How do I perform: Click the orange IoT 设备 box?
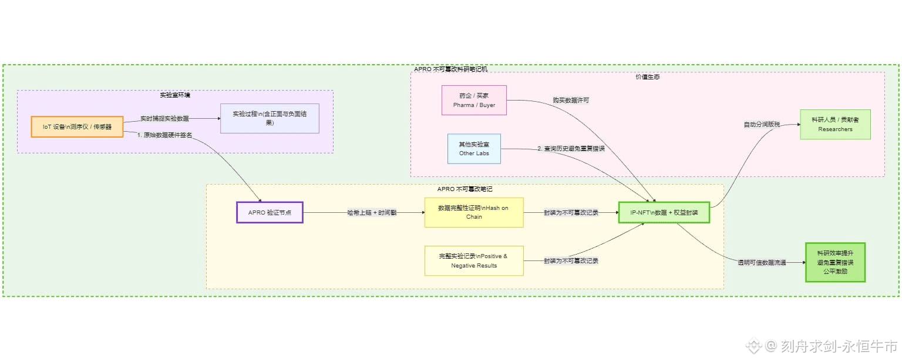point(77,126)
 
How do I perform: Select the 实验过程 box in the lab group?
point(270,118)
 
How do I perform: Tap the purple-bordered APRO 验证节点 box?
point(270,212)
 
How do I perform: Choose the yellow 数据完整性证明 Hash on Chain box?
point(474,212)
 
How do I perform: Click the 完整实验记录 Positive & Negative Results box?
point(474,260)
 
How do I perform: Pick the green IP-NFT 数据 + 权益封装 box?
point(664,212)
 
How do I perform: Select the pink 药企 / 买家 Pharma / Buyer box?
point(474,100)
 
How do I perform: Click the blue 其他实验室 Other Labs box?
point(474,148)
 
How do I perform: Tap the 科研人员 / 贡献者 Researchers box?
point(835,124)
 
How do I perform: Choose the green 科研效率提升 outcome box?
point(835,262)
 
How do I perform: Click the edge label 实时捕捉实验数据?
point(164,118)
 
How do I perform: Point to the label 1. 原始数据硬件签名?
point(164,135)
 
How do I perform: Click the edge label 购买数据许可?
point(571,101)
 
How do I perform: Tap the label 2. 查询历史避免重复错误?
point(571,149)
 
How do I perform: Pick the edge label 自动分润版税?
point(762,125)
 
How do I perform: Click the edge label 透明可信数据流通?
point(762,263)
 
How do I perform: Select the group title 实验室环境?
point(175,95)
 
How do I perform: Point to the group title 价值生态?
point(647,77)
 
